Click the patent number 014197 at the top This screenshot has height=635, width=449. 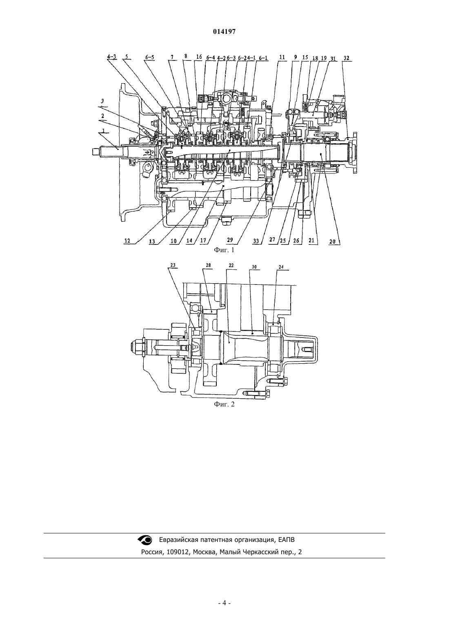[224, 32]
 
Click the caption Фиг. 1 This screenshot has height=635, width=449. [224, 250]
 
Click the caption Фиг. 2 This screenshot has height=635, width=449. [224, 404]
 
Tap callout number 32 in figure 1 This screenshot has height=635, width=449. [346, 58]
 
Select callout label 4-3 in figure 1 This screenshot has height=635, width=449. [112, 57]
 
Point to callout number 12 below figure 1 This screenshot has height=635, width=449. [127, 241]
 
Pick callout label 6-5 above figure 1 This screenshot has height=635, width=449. [150, 57]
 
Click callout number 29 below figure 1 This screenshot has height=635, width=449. [230, 240]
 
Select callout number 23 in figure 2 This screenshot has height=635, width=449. [173, 265]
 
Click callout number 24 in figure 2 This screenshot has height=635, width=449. [281, 267]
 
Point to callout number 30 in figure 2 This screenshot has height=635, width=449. [254, 267]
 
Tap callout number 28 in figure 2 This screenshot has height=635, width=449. [208, 265]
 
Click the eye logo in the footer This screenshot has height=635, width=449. [145, 540]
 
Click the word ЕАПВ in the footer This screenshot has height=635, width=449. [286, 540]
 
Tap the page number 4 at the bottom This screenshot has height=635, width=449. [224, 603]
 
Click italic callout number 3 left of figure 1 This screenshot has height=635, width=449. [102, 101]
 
